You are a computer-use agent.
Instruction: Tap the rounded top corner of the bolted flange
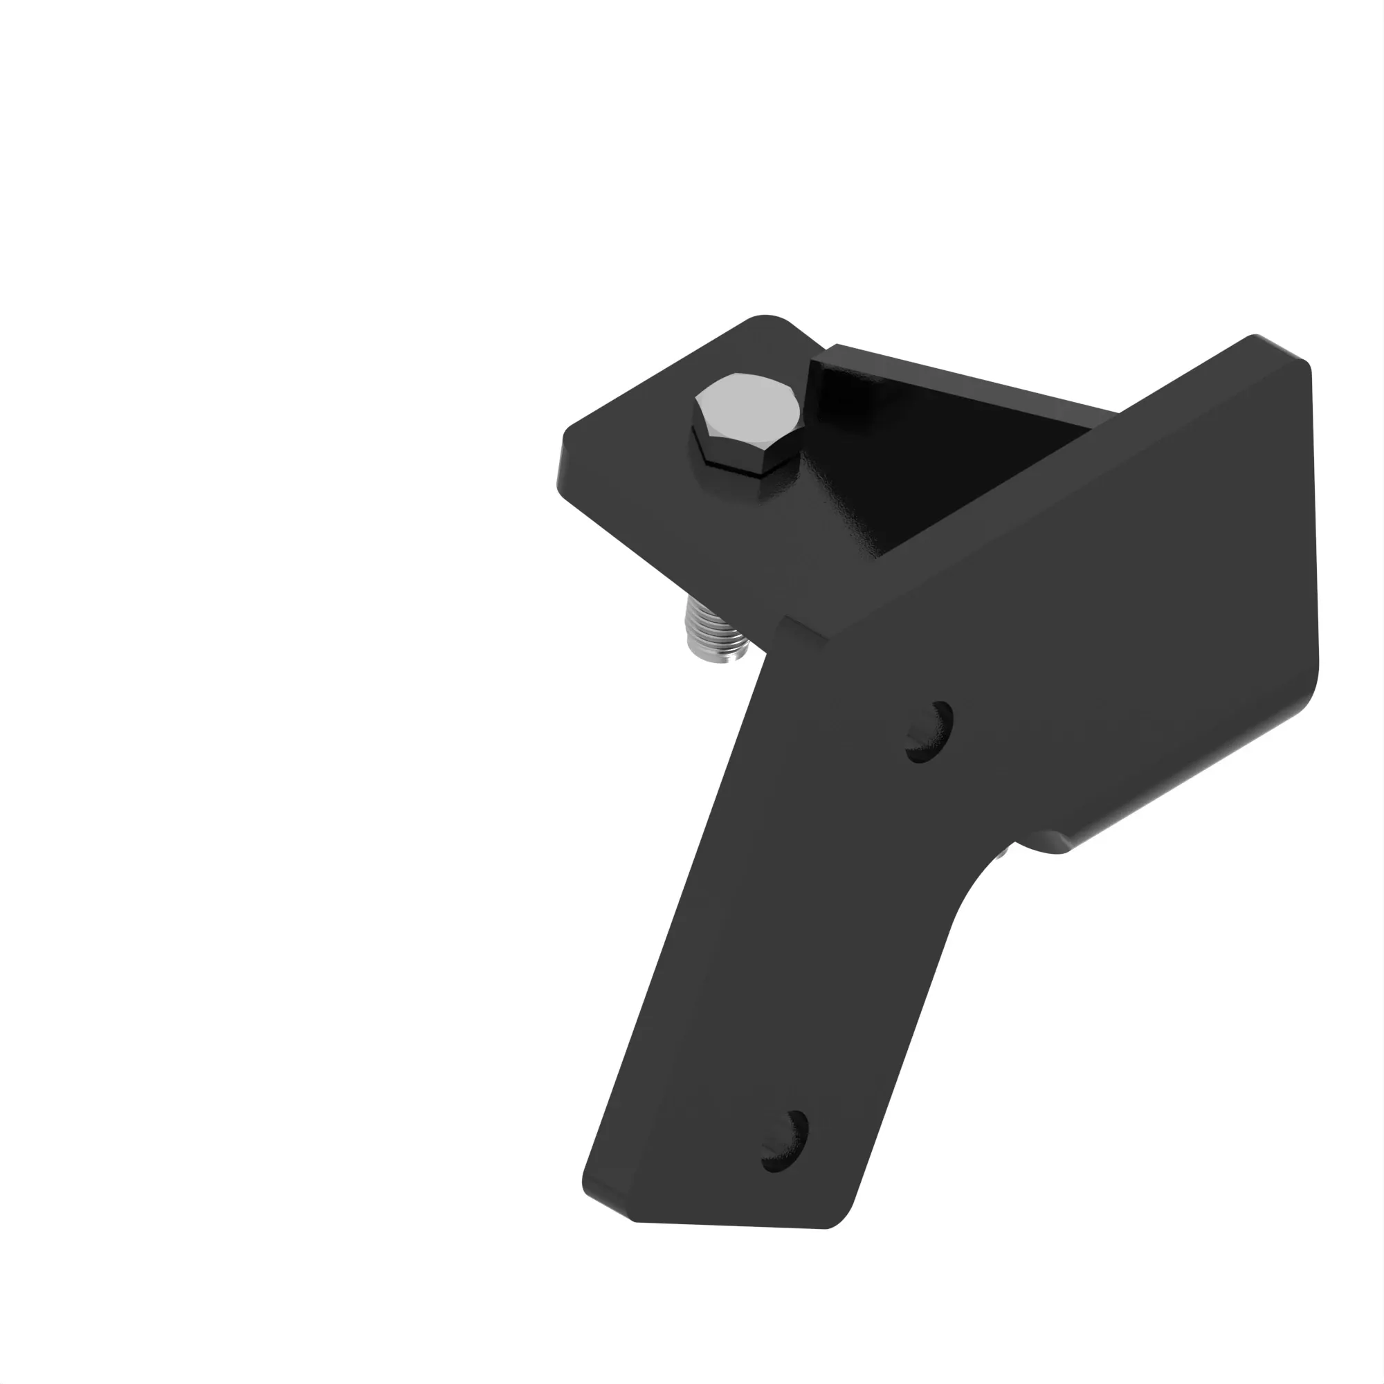click(x=767, y=320)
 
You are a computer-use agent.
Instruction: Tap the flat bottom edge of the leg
click(x=731, y=1226)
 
